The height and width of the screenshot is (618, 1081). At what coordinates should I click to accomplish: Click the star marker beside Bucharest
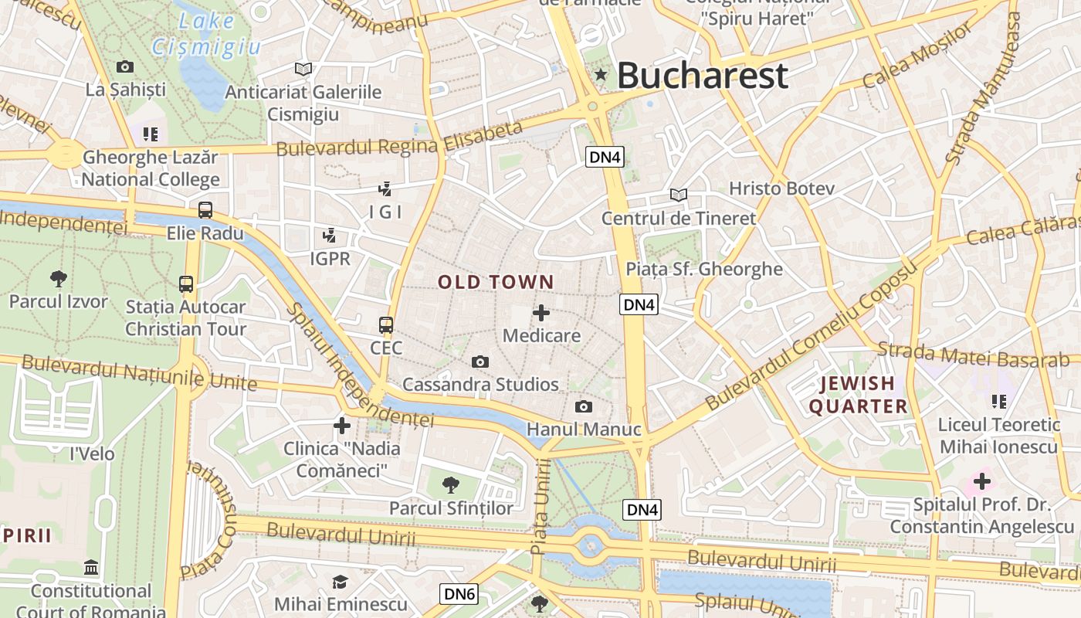601,75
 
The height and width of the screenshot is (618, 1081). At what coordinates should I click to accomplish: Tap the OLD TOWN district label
496,283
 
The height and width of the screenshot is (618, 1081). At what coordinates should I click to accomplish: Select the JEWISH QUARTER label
858,395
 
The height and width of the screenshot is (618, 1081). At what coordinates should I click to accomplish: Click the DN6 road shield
459,594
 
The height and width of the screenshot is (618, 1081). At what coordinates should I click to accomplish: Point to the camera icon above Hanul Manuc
584,407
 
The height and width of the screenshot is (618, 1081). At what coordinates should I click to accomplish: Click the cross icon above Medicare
541,313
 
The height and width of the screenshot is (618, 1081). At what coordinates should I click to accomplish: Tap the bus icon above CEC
386,325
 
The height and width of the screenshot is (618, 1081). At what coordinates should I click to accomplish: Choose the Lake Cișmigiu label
206,34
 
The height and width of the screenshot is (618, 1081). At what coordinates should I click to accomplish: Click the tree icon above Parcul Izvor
58,278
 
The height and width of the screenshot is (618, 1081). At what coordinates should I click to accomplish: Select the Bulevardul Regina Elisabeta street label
399,139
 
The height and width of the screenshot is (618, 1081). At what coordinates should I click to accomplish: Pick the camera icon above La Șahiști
125,67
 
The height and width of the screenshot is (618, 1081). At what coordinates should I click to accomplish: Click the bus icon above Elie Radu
205,209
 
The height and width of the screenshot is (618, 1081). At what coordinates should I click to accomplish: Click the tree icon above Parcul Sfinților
451,485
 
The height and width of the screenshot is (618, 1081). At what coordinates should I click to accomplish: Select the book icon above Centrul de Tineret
679,195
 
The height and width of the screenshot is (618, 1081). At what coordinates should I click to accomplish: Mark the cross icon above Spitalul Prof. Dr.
982,482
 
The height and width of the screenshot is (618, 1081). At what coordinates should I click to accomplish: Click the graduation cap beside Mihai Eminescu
340,582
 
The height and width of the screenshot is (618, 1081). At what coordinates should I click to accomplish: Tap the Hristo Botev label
782,188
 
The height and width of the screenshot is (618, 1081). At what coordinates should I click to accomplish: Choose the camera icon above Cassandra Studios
480,362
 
